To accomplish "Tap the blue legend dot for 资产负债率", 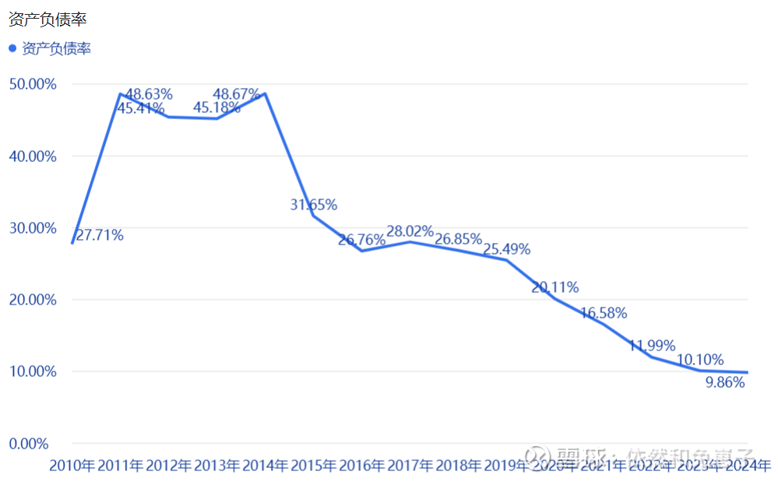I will pyautogui.click(x=12, y=48).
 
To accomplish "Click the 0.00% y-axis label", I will pyautogui.click(x=28, y=444).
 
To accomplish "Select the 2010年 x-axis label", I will pyautogui.click(x=72, y=466).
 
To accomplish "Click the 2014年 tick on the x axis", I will pyautogui.click(x=266, y=466).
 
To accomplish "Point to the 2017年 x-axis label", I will pyautogui.click(x=410, y=466).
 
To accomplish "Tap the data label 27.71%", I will pyautogui.click(x=100, y=235).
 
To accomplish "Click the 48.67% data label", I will pyautogui.click(x=236, y=94).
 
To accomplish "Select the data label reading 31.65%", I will pyautogui.click(x=313, y=205).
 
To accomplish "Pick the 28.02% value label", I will pyautogui.click(x=410, y=230).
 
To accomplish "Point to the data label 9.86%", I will pyautogui.click(x=725, y=382).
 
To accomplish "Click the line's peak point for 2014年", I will pyautogui.click(x=266, y=93).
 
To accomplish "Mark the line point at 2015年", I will pyautogui.click(x=314, y=216).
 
